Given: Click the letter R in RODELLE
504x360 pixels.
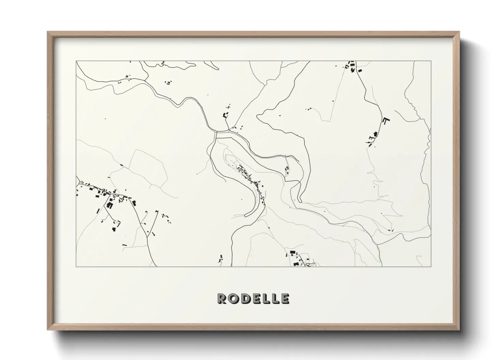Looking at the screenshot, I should pyautogui.click(x=221, y=298).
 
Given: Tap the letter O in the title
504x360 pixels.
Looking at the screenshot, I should pyautogui.click(x=232, y=298).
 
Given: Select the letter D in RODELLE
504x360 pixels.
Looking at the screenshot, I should pyautogui.click(x=243, y=298).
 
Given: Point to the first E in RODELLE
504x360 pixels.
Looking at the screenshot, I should pyautogui.click(x=254, y=298).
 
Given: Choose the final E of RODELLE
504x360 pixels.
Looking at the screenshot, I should pyautogui.click(x=285, y=298).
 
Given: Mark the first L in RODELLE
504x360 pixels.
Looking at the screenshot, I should pyautogui.click(x=264, y=298).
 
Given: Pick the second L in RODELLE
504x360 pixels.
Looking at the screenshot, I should pyautogui.click(x=274, y=298).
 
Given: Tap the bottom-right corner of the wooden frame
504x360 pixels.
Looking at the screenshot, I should pyautogui.click(x=459, y=330).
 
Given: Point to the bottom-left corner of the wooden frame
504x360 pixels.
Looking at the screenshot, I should pyautogui.click(x=48, y=330).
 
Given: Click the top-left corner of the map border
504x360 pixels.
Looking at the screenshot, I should pyautogui.click(x=76, y=61).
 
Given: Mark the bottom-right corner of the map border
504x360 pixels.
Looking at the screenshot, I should pyautogui.click(x=431, y=266).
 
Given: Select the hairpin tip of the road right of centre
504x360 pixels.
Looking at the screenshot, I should pyautogui.click(x=301, y=200).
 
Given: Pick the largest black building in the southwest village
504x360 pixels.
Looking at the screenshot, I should pyautogui.click(x=109, y=205).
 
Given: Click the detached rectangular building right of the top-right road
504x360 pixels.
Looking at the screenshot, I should pyautogui.click(x=360, y=70).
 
